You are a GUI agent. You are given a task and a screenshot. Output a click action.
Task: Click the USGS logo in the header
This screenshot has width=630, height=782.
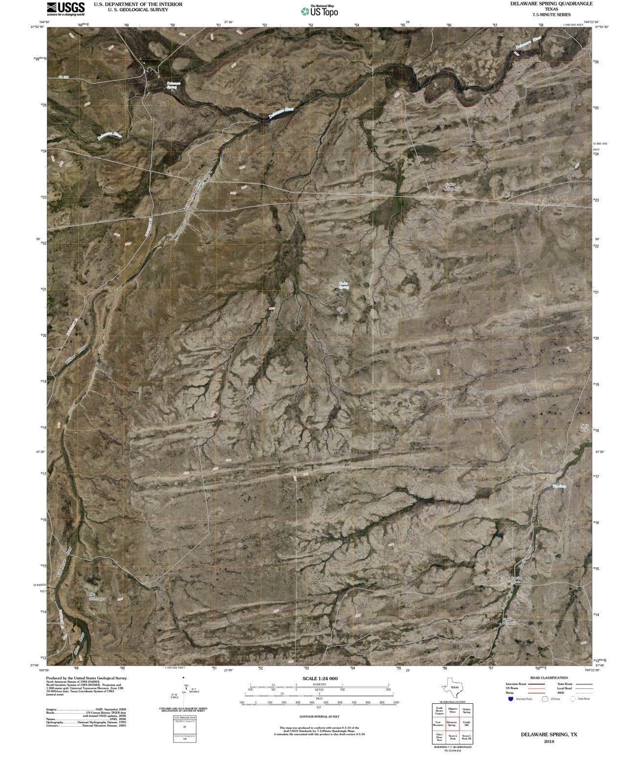65,8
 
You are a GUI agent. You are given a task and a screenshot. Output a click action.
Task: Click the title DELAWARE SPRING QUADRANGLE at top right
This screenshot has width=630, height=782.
551,3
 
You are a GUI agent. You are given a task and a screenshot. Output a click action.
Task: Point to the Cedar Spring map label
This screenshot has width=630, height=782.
344,285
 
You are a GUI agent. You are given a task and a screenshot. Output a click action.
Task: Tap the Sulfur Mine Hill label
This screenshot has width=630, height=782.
452,186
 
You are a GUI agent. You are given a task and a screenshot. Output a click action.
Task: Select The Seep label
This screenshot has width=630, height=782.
559,486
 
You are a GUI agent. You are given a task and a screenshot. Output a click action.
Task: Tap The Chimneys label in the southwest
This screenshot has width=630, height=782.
97,597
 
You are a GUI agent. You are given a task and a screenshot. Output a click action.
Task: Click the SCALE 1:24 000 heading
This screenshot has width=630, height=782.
320,678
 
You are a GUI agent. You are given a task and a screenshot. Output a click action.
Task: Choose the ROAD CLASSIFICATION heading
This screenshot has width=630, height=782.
548,678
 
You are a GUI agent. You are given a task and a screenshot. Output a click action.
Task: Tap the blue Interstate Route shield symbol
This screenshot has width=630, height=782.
510,699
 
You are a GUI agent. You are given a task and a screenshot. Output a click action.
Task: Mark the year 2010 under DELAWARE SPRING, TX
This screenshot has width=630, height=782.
548,741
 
